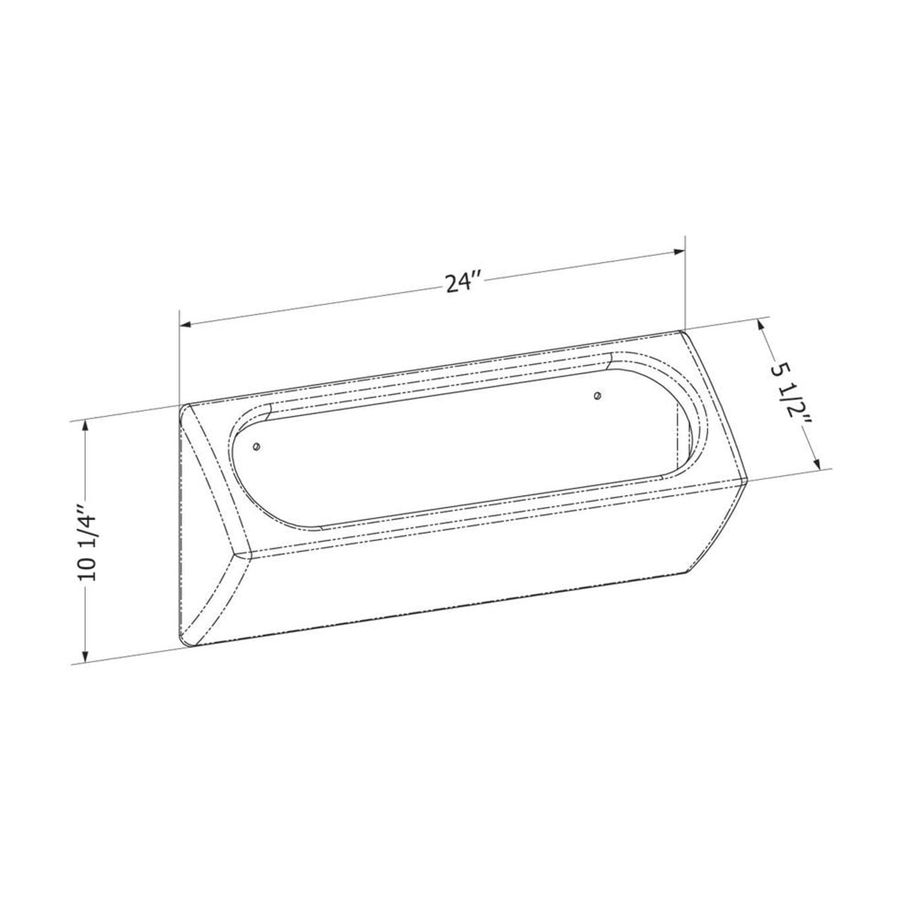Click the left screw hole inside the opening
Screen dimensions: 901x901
pos(257,446)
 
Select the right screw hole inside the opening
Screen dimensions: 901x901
pos(596,395)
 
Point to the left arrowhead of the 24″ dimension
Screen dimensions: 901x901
pos(186,324)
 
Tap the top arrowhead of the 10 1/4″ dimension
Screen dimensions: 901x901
pos(86,426)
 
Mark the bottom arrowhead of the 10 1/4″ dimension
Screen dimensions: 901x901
pos(86,655)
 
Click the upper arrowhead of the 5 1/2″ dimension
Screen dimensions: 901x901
pos(762,326)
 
